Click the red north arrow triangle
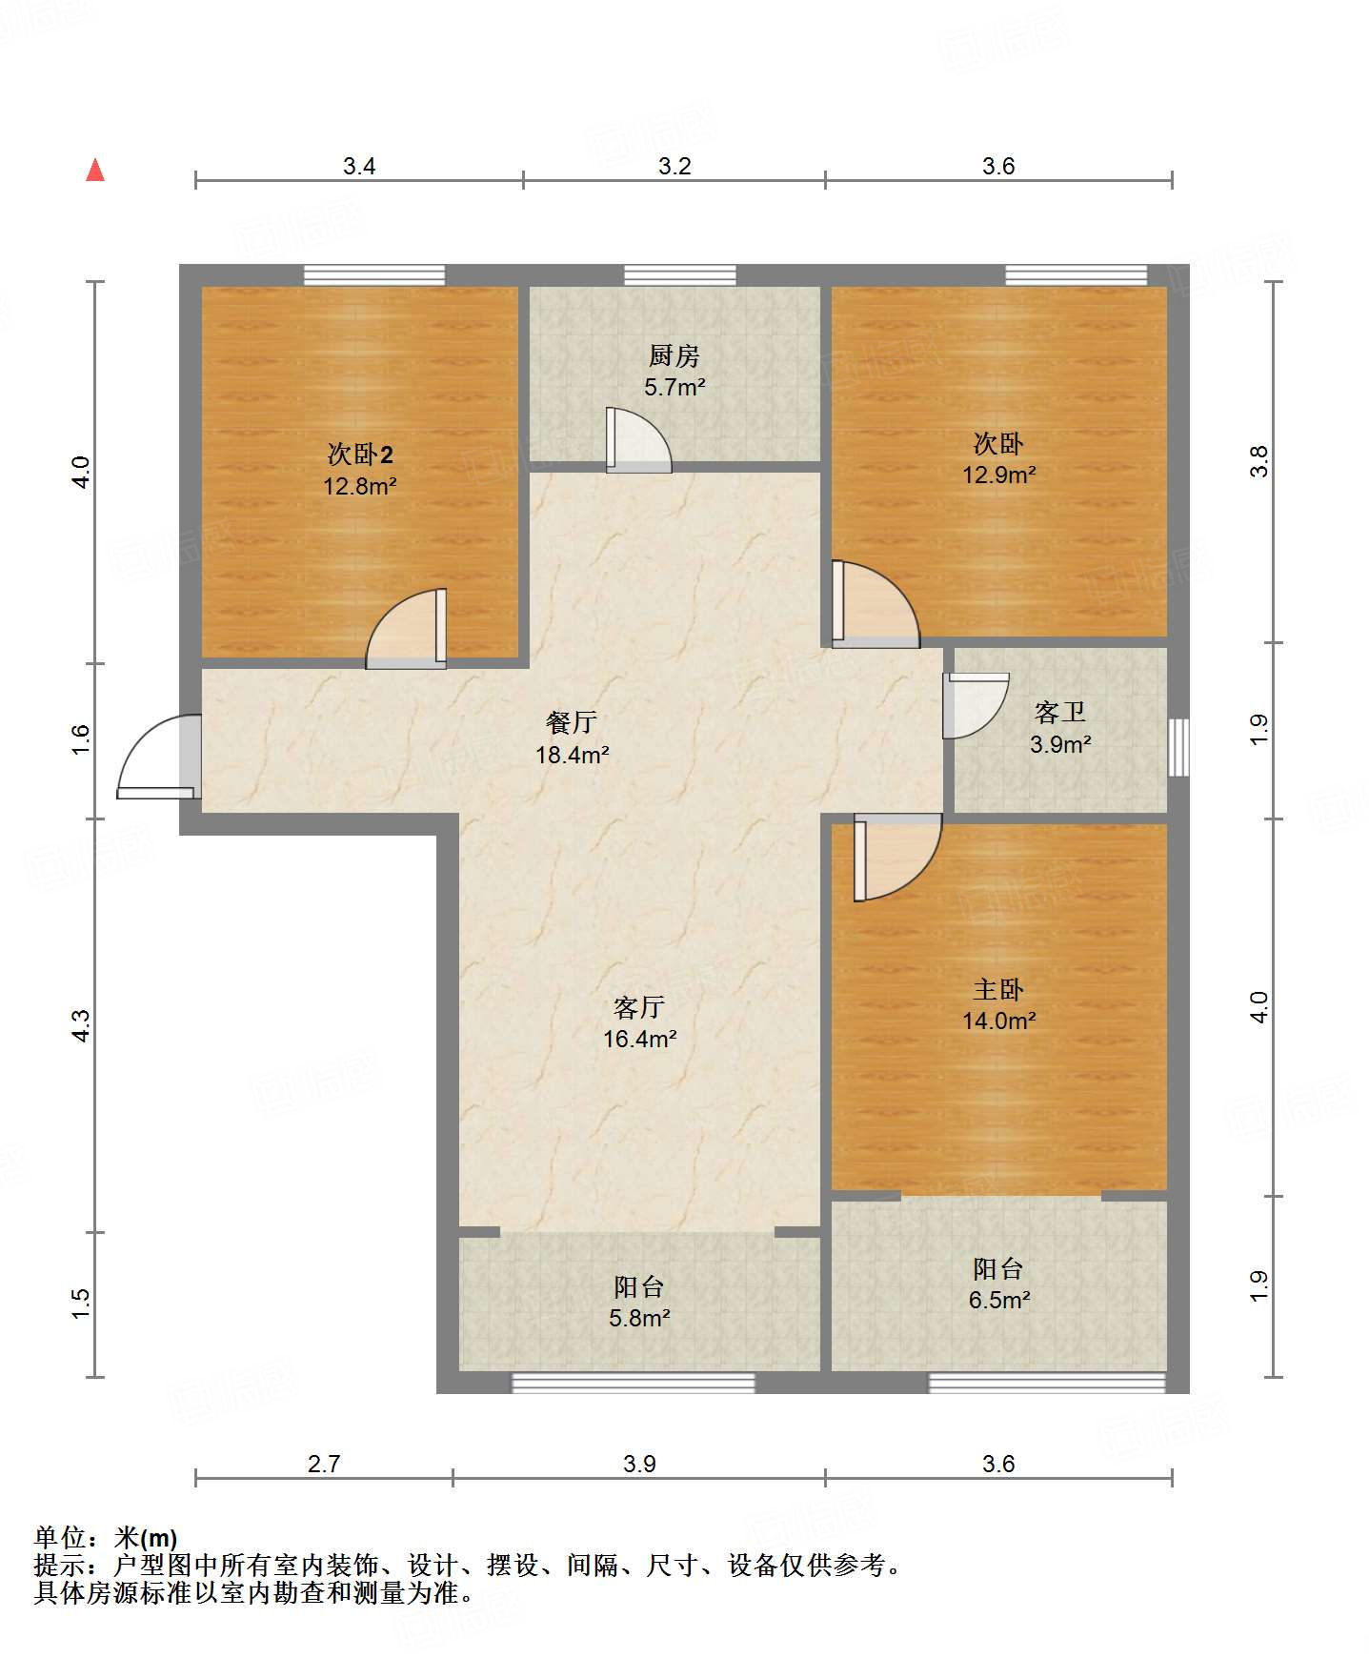click(x=95, y=170)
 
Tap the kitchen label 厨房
click(x=674, y=355)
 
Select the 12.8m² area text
click(x=360, y=486)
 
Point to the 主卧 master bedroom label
click(x=998, y=989)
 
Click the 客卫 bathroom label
click(x=1060, y=713)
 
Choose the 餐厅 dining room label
click(x=572, y=722)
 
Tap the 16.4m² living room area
click(x=640, y=1039)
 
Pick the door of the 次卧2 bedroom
click(x=407, y=629)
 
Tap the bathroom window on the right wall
click(x=1178, y=747)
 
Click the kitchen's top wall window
click(x=680, y=275)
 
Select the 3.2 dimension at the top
click(x=674, y=166)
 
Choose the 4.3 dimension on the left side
click(x=81, y=1025)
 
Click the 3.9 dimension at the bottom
click(x=639, y=1464)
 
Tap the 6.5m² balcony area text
click(x=999, y=1300)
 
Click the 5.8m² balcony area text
click(x=639, y=1318)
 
